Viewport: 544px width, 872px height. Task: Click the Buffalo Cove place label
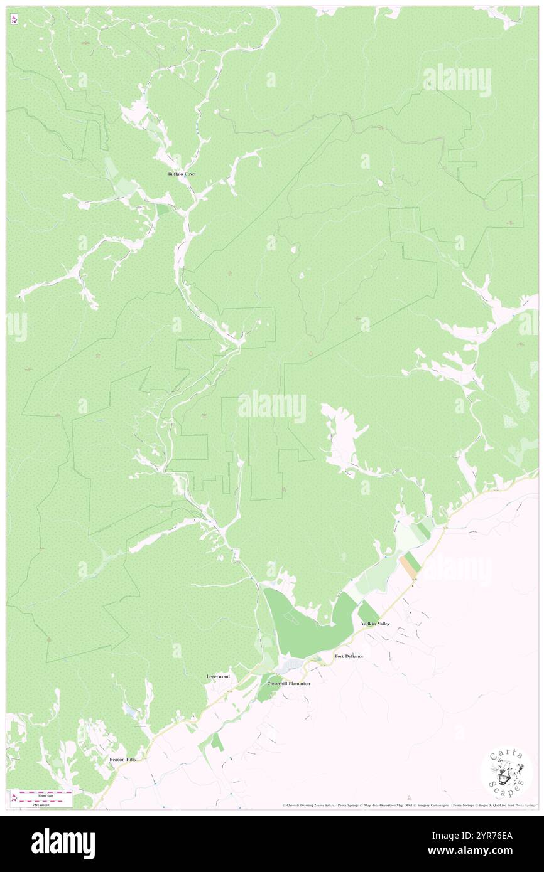181,174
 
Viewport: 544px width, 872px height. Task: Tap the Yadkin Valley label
375,624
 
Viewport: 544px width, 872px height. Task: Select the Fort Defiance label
349,656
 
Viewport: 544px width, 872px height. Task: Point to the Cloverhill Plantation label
288,683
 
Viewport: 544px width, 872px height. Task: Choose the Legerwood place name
219,676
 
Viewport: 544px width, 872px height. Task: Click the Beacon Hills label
122,759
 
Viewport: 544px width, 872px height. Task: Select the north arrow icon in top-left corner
14,20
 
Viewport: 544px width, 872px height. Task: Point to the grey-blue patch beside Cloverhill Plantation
290,664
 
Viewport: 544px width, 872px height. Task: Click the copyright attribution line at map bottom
408,805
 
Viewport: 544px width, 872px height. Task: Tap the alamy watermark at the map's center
272,407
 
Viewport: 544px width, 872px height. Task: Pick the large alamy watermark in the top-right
457,80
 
